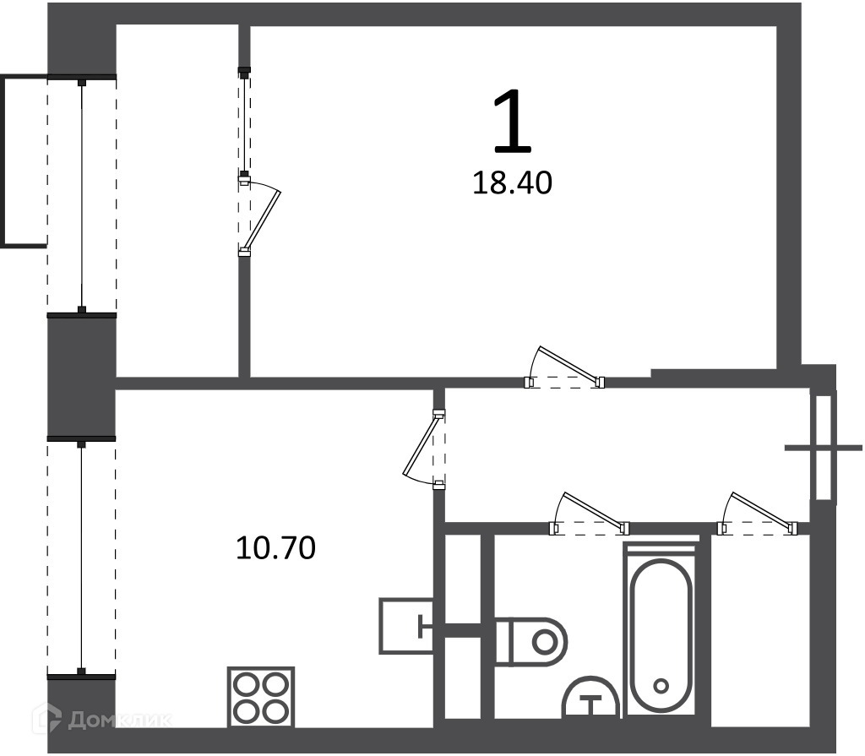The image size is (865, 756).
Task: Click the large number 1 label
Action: pyautogui.click(x=513, y=121)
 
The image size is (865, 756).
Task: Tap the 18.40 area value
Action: pyautogui.click(x=512, y=183)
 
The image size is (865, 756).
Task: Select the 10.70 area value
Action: pyautogui.click(x=275, y=548)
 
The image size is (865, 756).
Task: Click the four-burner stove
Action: pyautogui.click(x=261, y=698)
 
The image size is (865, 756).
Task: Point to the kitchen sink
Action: pyautogui.click(x=406, y=626)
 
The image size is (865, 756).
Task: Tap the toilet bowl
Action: pyautogui.click(x=531, y=642)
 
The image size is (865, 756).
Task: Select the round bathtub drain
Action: pyautogui.click(x=661, y=687)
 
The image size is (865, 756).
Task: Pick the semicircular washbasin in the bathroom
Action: pyautogui.click(x=590, y=698)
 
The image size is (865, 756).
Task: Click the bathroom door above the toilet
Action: pyautogui.click(x=594, y=510)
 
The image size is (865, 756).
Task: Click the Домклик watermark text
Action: pyautogui.click(x=120, y=721)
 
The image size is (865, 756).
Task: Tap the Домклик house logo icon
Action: pyautogui.click(x=46, y=719)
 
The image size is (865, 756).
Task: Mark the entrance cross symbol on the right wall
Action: pyautogui.click(x=823, y=448)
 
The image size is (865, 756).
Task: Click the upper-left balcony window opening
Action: pyautogui.click(x=82, y=195)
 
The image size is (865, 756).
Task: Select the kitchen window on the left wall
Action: pyautogui.click(x=82, y=557)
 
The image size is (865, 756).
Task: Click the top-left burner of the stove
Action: pyautogui.click(x=246, y=686)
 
